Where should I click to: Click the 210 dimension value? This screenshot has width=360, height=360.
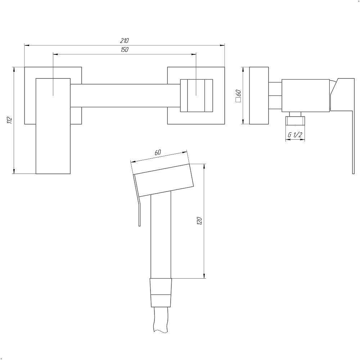(124, 41)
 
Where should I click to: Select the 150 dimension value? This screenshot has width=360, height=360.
(125, 50)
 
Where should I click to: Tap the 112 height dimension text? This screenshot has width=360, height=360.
(9, 120)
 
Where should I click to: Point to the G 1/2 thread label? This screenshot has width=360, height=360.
(295, 135)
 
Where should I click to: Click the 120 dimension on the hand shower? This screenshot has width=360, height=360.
(199, 221)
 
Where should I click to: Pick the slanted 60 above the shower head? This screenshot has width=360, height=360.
(158, 152)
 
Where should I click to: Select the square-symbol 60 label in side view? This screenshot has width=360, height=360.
(238, 96)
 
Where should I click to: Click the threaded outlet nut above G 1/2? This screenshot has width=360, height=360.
(295, 121)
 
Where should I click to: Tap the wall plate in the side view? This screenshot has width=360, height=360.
(259, 95)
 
